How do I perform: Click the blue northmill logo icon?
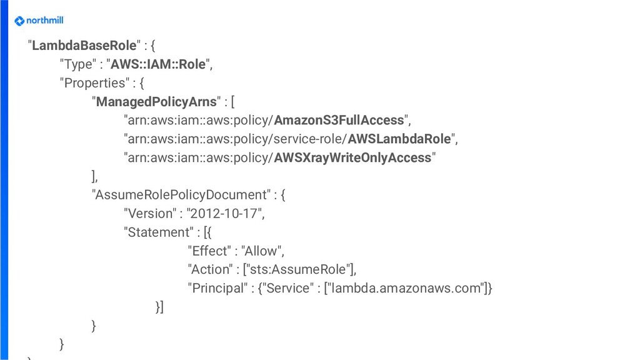tap(19, 21)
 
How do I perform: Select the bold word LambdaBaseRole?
tap(84, 46)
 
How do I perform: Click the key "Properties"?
tap(92, 83)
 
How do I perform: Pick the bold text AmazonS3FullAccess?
tap(339, 120)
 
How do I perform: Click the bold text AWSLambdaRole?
tap(399, 139)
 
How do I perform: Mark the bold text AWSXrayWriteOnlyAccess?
tap(352, 157)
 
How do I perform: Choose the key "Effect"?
tap(209, 251)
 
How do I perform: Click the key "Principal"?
tap(216, 288)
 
